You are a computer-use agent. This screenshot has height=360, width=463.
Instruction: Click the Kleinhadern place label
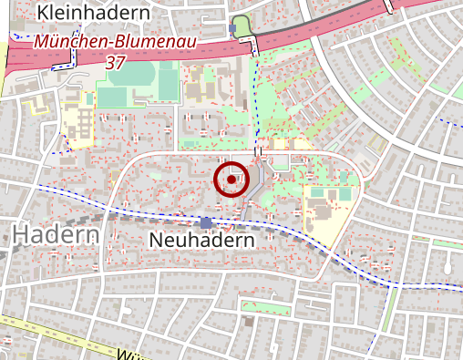94,13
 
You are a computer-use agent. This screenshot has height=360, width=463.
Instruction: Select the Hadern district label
56,235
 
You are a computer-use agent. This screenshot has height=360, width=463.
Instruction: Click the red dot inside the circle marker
231,180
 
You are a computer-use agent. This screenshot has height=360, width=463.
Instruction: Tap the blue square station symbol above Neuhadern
206,222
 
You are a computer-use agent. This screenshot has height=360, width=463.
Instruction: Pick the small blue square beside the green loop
232,29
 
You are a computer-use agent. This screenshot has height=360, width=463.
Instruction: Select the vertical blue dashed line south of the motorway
256,100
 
